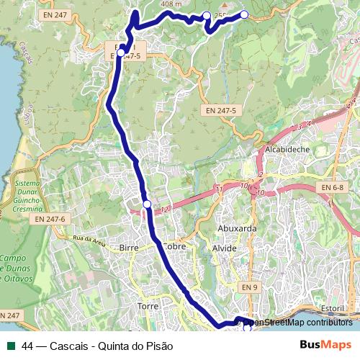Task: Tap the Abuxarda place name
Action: point(238,228)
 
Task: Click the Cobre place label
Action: point(175,246)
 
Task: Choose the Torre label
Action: point(148,306)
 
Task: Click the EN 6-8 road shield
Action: point(333,188)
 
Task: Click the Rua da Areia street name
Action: point(89,238)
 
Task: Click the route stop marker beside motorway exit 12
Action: point(147,204)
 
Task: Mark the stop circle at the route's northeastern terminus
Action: point(244,14)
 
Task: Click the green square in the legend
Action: point(9,345)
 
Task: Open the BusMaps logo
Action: point(325,345)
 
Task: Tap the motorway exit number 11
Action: point(217,189)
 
